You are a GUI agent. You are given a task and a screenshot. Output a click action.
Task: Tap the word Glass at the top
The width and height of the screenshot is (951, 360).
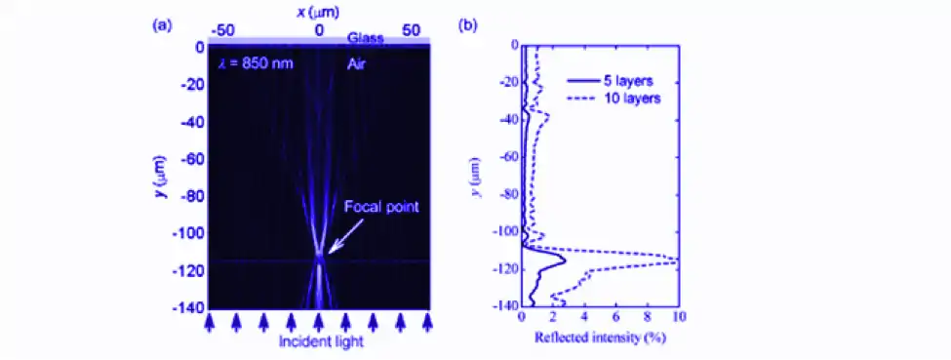(x=366, y=39)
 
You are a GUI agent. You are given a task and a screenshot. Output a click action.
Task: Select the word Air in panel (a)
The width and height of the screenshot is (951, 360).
(x=361, y=63)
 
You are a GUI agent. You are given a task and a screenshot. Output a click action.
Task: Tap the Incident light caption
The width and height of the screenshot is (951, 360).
(x=319, y=342)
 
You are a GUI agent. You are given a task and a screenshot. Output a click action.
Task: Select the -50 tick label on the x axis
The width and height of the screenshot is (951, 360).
(x=224, y=29)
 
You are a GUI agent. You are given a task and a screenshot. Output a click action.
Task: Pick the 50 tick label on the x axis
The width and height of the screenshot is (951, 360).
(x=412, y=29)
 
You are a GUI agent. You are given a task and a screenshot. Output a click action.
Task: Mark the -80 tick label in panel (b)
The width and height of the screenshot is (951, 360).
(x=503, y=194)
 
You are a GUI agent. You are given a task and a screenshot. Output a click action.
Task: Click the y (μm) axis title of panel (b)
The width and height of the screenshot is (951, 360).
(x=475, y=176)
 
